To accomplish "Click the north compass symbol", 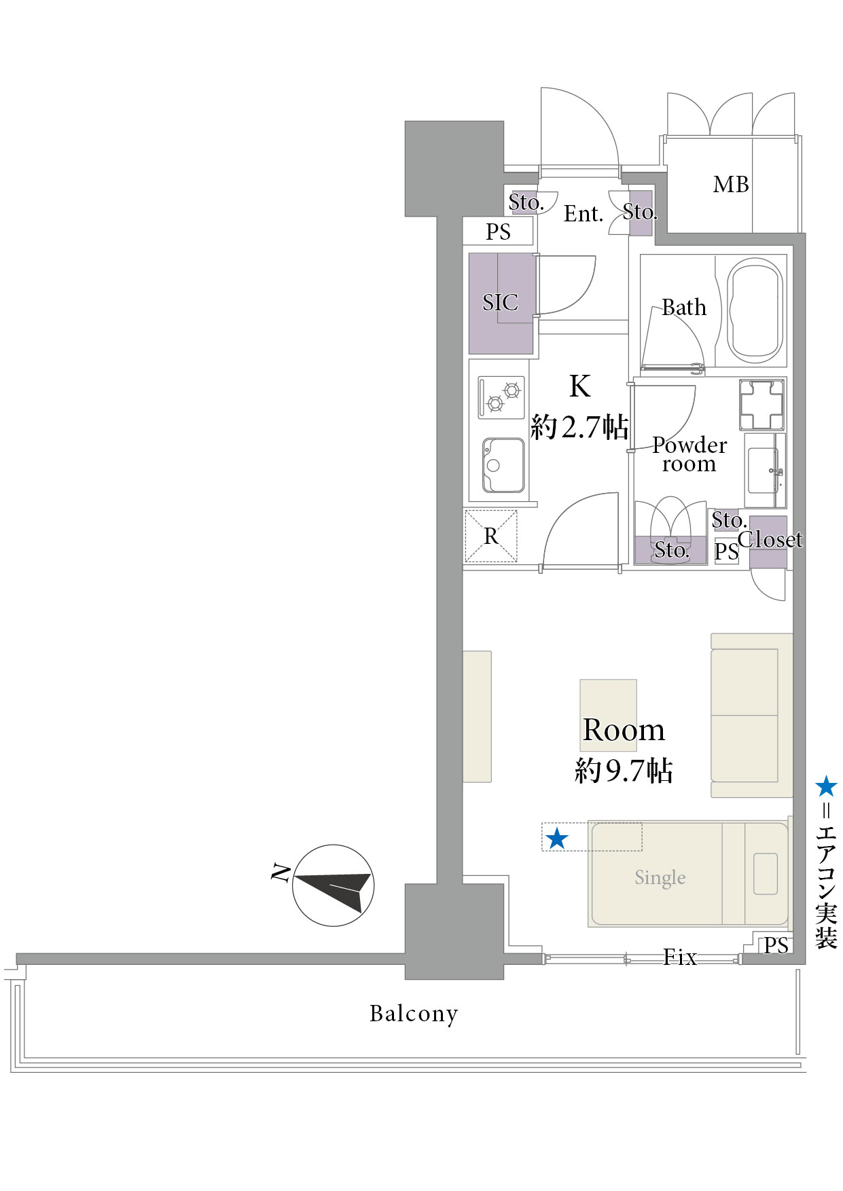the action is tap(333, 885).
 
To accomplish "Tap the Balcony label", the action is tap(414, 1014).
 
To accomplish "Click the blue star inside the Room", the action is tap(557, 839).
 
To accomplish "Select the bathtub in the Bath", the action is tap(755, 311).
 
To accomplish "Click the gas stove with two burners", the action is tap(501, 397).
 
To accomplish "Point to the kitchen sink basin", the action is tap(503, 465).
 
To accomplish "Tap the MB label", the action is tap(731, 184).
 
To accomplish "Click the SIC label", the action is tap(500, 302).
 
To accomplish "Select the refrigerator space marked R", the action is tap(491, 536).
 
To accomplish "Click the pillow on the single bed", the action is tap(766, 874).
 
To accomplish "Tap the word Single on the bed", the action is tap(660, 877).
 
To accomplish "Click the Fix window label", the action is tap(680, 957).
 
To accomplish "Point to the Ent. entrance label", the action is tap(584, 214).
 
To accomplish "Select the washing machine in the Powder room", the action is tap(761, 405).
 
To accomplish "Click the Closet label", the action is tap(770, 540).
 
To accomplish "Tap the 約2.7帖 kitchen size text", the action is tap(579, 427).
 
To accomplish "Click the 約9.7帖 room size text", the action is tap(624, 771).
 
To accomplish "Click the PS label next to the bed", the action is tap(776, 945).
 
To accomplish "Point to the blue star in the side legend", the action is tap(826, 786).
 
